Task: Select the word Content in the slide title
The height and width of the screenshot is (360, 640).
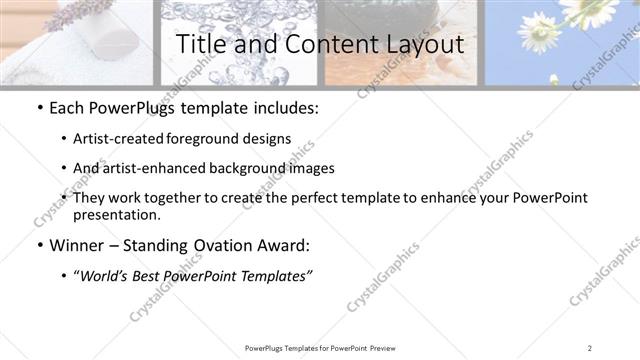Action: pos(317,44)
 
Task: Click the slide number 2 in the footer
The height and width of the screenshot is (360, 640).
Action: pos(591,348)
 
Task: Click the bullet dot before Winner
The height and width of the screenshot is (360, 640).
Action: pos(38,245)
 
